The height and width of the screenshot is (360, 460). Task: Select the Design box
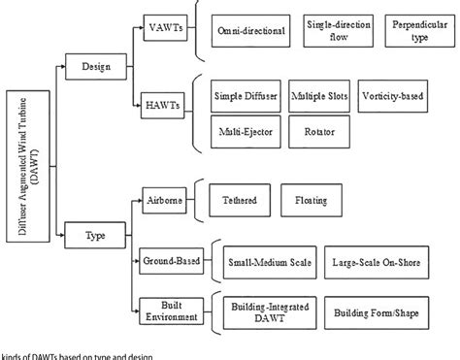(x=88, y=66)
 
